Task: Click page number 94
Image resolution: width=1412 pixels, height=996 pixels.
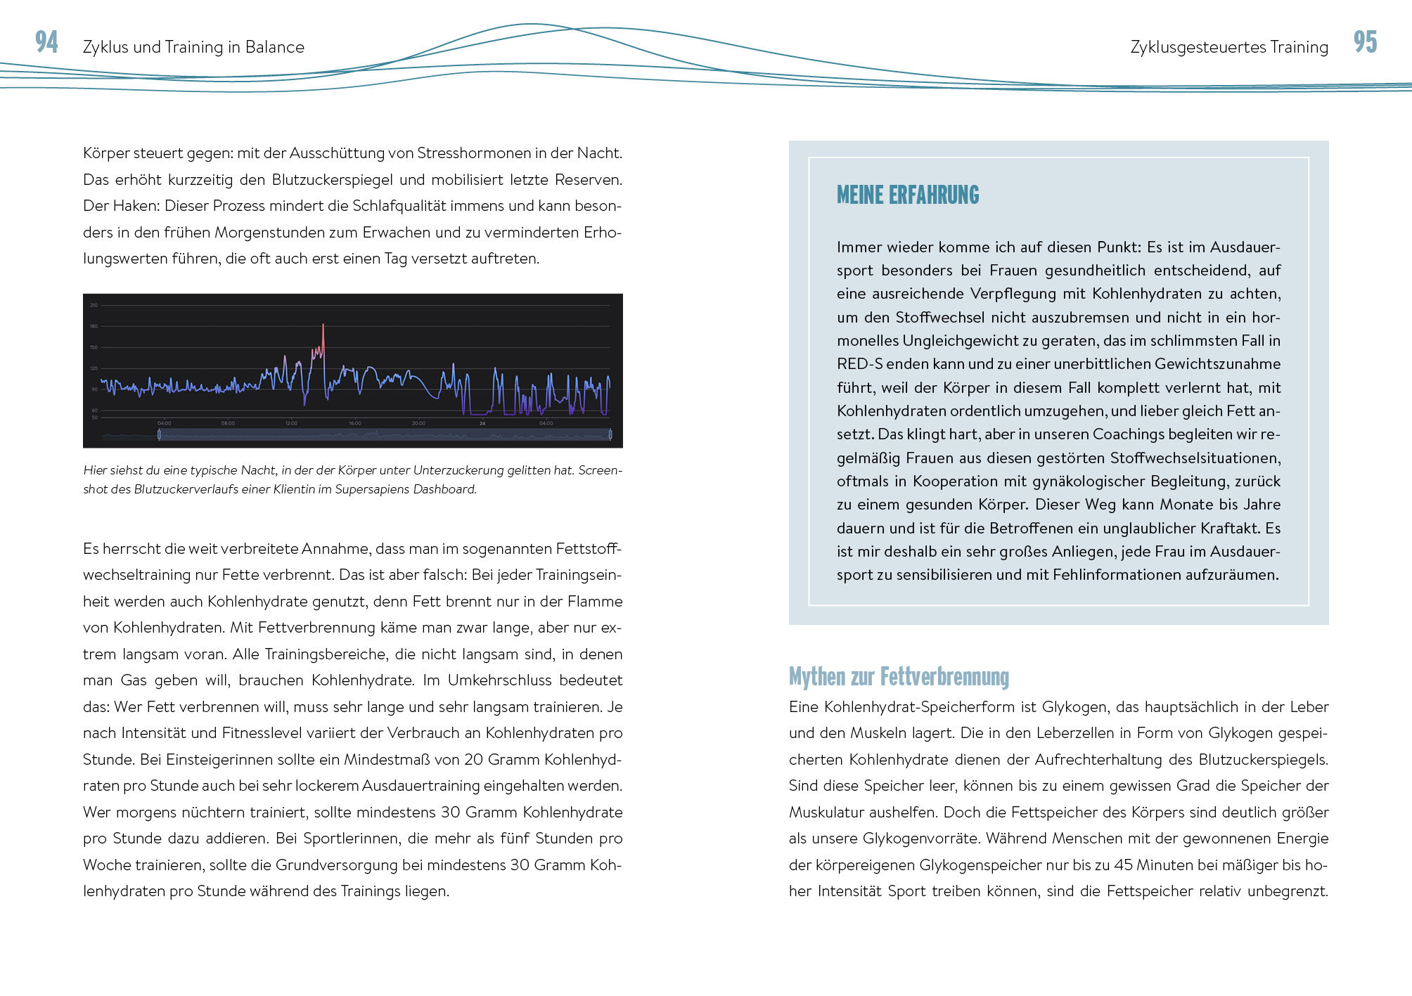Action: click(x=46, y=42)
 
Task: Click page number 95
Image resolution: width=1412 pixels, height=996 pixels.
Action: click(x=1365, y=42)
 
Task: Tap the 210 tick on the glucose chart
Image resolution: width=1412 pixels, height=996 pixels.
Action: click(x=94, y=305)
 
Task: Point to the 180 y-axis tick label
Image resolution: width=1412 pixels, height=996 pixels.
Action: click(x=94, y=326)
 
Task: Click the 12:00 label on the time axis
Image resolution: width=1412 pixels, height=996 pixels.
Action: click(x=291, y=423)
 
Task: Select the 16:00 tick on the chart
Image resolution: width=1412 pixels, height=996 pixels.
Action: click(x=355, y=423)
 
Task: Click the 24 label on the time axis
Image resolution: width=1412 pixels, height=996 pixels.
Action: click(x=482, y=423)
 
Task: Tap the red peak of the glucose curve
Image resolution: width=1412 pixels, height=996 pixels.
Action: click(x=323, y=326)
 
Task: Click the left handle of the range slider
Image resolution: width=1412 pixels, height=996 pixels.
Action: click(x=159, y=435)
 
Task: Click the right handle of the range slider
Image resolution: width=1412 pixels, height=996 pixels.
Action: click(x=610, y=435)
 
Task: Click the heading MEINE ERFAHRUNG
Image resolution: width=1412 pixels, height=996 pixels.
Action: click(x=907, y=195)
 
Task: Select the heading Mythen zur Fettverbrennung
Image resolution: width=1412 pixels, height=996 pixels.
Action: click(x=899, y=677)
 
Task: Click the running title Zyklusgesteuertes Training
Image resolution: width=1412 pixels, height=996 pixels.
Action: click(x=1229, y=47)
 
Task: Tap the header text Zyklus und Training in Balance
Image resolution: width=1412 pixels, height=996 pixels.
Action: click(x=193, y=47)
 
